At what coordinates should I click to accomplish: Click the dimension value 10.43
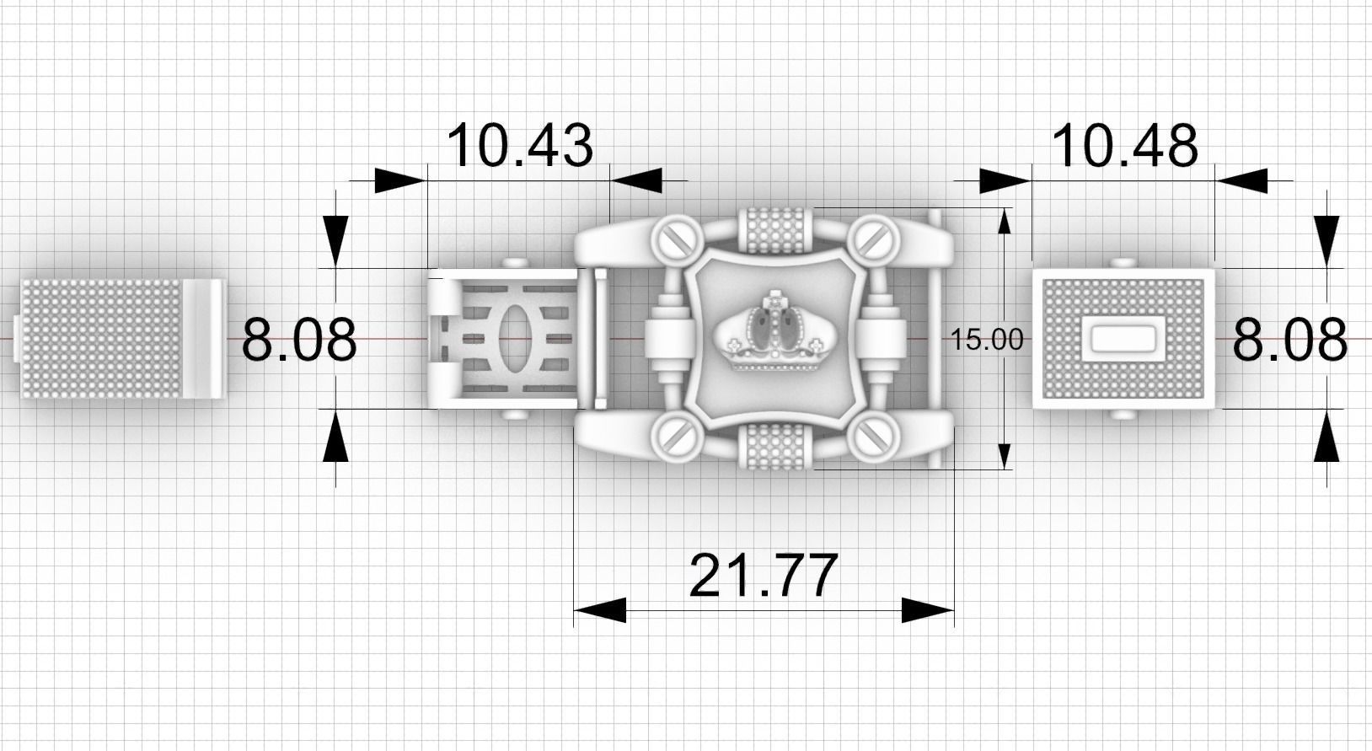520,145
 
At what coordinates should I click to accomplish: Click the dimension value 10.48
1124,145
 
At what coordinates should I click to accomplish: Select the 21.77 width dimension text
764,575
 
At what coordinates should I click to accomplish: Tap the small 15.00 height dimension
987,340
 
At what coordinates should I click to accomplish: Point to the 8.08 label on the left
299,341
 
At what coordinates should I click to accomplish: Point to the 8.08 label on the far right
1289,341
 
